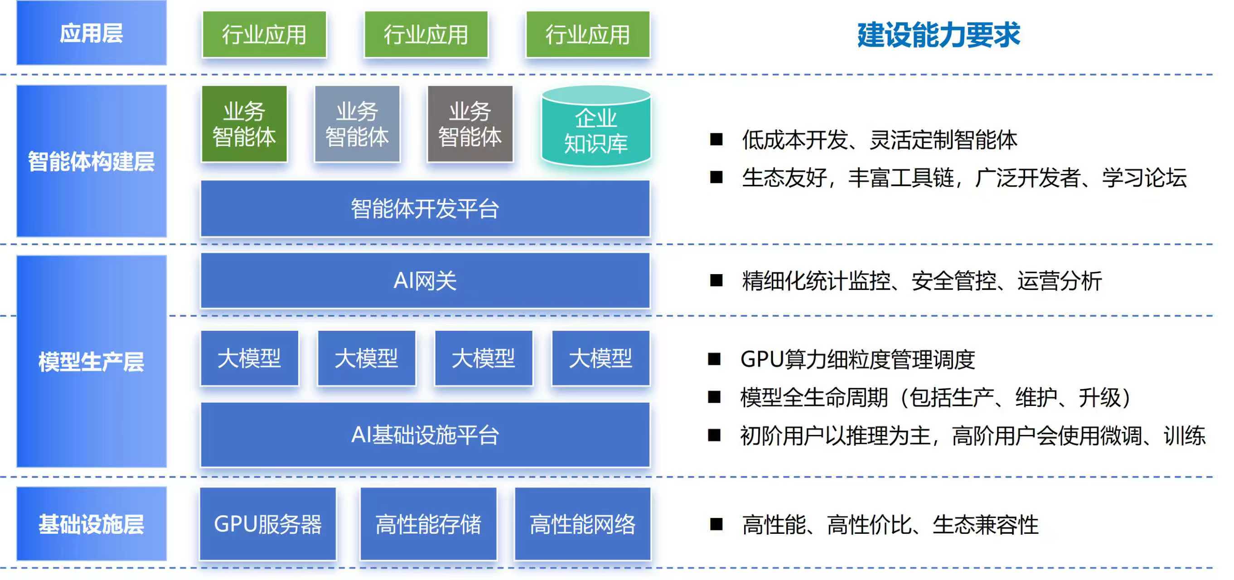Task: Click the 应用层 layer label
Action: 91,33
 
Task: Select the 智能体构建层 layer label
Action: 91,161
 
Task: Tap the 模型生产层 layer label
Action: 91,361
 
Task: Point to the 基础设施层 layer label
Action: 91,523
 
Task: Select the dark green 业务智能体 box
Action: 244,124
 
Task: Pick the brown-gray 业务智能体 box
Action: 470,124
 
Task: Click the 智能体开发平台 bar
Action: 425,208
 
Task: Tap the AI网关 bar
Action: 425,280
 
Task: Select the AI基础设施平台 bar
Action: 425,435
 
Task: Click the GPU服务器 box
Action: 268,523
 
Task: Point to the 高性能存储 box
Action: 428,523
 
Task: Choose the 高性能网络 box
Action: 582,523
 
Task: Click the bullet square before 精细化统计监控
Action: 716,280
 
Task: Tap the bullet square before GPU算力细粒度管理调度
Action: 714,359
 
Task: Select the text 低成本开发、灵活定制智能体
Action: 880,140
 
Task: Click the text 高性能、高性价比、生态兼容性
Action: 890,524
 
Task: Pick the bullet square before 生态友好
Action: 716,177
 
